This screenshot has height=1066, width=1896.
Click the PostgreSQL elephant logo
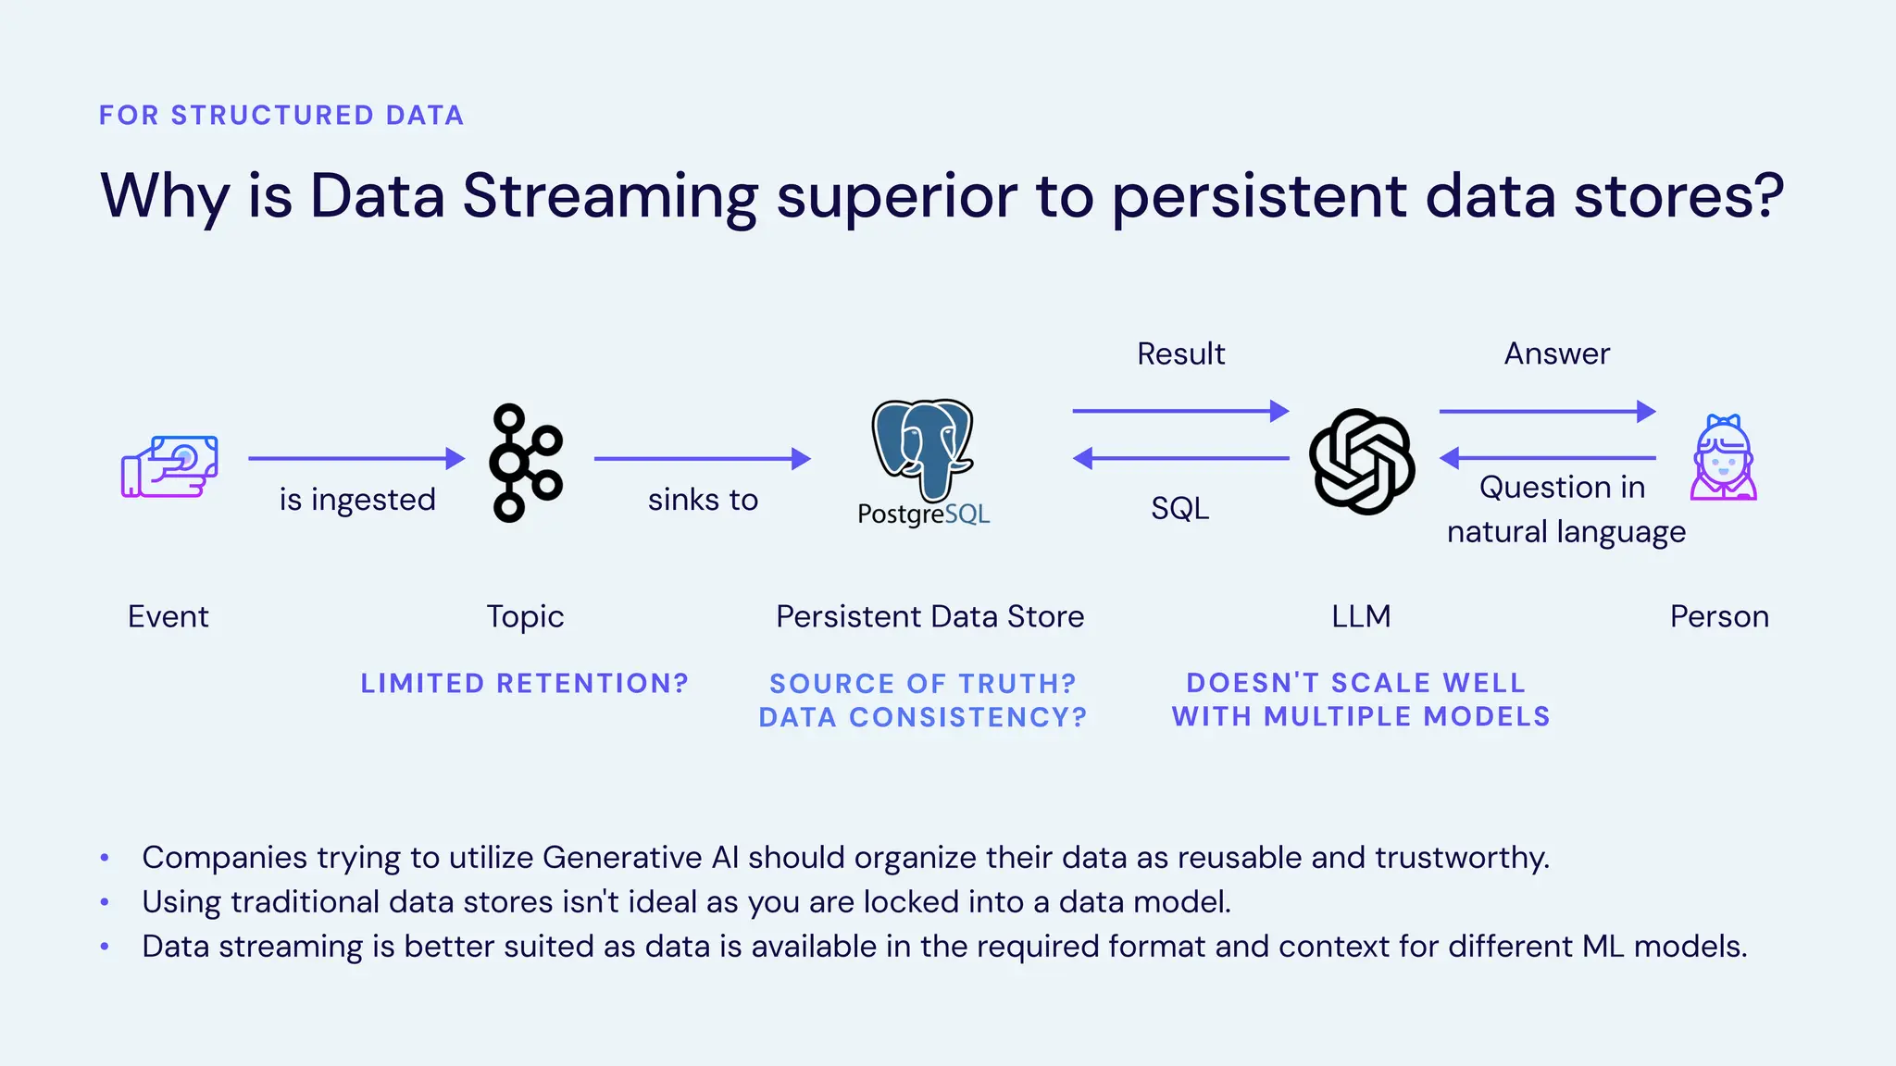pyautogui.click(x=922, y=449)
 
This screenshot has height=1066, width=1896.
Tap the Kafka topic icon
pyautogui.click(x=525, y=463)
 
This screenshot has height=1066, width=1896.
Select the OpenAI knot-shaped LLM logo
pyautogui.click(x=1361, y=461)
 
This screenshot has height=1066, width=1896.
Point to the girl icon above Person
pyautogui.click(x=1723, y=458)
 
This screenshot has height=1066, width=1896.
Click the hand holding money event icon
pyautogui.click(x=169, y=466)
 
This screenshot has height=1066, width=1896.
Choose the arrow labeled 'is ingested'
pyautogui.click(x=356, y=458)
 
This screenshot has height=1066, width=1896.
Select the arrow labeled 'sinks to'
pyautogui.click(x=702, y=458)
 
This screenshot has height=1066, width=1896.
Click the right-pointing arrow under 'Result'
pyautogui.click(x=1180, y=411)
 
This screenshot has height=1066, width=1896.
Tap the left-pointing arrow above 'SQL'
pyautogui.click(x=1180, y=458)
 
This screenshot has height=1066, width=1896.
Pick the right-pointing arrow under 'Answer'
pyautogui.click(x=1547, y=411)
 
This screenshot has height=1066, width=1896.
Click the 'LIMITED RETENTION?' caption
pyautogui.click(x=524, y=683)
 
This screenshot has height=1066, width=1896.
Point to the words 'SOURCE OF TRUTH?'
pyautogui.click(x=922, y=683)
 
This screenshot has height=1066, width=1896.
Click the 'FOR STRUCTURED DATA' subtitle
pyautogui.click(x=281, y=115)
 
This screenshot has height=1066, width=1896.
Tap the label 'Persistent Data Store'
pyautogui.click(x=929, y=616)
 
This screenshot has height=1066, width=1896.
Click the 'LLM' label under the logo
pyautogui.click(x=1361, y=616)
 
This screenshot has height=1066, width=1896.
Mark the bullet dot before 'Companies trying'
pyautogui.click(x=105, y=858)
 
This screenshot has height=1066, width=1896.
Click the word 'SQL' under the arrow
pyautogui.click(x=1179, y=508)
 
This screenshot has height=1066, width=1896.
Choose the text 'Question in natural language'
pyautogui.click(x=1565, y=509)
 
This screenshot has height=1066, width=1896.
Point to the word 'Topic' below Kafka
pyautogui.click(x=525, y=616)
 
